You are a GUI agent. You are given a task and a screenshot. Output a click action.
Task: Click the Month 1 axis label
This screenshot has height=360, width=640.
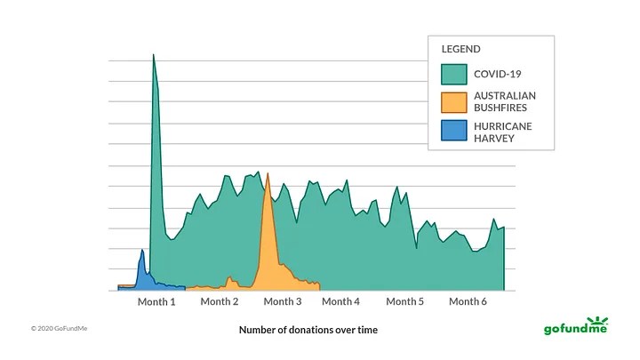point(156,301)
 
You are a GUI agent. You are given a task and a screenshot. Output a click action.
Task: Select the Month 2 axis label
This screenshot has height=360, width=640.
point(220,301)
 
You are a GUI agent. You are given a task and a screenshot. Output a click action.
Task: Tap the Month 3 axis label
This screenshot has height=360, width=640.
point(282,301)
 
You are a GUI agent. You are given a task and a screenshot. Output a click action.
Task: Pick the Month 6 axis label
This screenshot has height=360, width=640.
point(468,301)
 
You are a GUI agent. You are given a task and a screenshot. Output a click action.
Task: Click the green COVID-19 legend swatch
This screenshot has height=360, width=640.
point(453,73)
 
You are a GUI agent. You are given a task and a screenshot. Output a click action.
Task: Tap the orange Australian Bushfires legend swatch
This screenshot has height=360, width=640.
point(453,102)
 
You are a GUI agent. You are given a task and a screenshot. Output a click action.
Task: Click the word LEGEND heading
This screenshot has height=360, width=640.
point(460,49)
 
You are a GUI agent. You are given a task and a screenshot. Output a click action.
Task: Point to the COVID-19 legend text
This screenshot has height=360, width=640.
point(497,73)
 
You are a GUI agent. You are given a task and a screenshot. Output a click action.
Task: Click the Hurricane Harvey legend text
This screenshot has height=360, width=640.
point(503,132)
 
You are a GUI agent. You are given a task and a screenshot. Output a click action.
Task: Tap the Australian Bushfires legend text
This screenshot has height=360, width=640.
point(505,101)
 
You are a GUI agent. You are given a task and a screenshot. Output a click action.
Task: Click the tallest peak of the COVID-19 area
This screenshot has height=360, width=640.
point(153,56)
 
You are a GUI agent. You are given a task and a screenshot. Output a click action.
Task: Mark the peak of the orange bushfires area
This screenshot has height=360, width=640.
point(267,174)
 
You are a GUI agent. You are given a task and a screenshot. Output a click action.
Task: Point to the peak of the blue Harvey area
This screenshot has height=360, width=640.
point(142,251)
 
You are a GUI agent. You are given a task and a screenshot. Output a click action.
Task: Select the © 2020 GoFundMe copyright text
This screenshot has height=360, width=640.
point(60,329)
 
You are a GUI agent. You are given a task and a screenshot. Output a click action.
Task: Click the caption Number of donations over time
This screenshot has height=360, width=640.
point(308,330)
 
